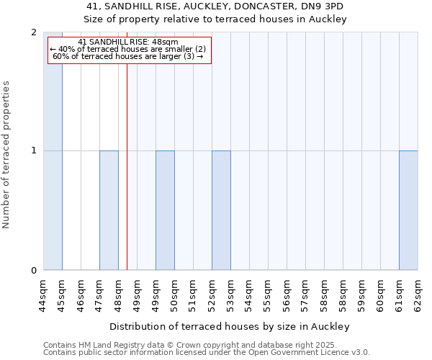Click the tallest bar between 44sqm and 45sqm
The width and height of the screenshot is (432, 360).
(x=53, y=151)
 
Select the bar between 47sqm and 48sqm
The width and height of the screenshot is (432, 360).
(x=109, y=210)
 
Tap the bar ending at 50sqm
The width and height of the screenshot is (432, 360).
(x=165, y=210)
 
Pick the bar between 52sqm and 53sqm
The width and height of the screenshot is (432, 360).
(x=221, y=210)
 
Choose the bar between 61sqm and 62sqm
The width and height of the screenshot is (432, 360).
(x=408, y=210)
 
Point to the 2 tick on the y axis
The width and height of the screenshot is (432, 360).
(x=34, y=32)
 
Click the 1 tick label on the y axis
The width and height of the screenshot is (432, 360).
(x=34, y=150)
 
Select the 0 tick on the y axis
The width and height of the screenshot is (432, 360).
(x=34, y=271)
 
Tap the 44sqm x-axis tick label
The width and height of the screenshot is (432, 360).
(x=43, y=294)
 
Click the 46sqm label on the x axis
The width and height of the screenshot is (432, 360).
(x=81, y=294)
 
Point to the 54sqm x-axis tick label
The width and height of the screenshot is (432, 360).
(x=249, y=294)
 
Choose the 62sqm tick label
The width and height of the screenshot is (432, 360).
(x=418, y=294)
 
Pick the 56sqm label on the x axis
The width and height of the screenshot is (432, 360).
(x=287, y=294)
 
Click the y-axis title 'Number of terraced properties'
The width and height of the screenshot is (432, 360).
(x=6, y=155)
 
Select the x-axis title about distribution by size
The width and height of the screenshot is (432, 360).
(x=230, y=327)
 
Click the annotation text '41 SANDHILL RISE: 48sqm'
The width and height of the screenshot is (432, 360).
(x=127, y=42)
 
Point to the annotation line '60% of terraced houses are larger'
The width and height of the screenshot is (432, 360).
(x=127, y=57)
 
